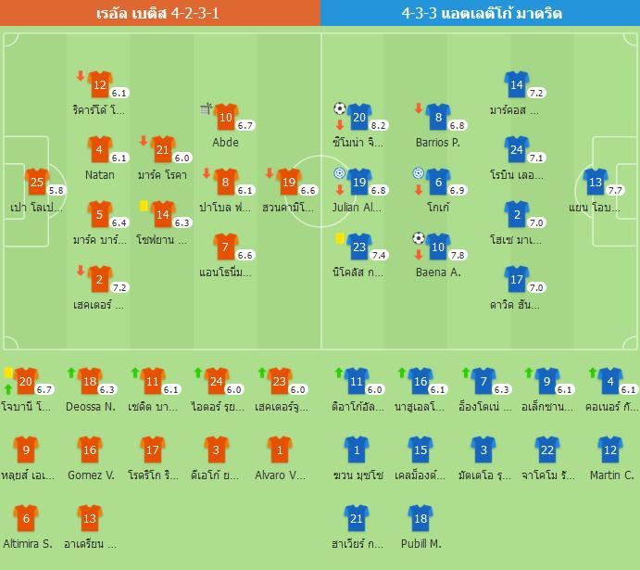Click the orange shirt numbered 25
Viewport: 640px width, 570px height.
click(35, 182)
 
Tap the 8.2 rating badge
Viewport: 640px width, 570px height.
click(378, 125)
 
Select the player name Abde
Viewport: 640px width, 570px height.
click(225, 142)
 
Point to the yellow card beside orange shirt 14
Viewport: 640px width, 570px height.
click(144, 206)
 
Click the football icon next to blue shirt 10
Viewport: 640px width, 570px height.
click(419, 238)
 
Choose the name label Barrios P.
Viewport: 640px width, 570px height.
click(437, 142)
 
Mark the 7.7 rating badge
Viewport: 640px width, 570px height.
click(616, 190)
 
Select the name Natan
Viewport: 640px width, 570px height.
click(99, 174)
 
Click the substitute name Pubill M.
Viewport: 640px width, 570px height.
click(421, 543)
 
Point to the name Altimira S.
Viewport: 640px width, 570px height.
click(27, 543)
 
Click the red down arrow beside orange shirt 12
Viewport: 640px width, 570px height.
click(81, 76)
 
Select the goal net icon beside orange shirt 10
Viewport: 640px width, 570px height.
click(207, 109)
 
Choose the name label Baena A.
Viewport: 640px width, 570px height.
click(437, 272)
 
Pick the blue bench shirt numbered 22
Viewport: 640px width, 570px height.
click(547, 450)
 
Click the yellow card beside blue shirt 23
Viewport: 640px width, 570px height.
click(340, 239)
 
